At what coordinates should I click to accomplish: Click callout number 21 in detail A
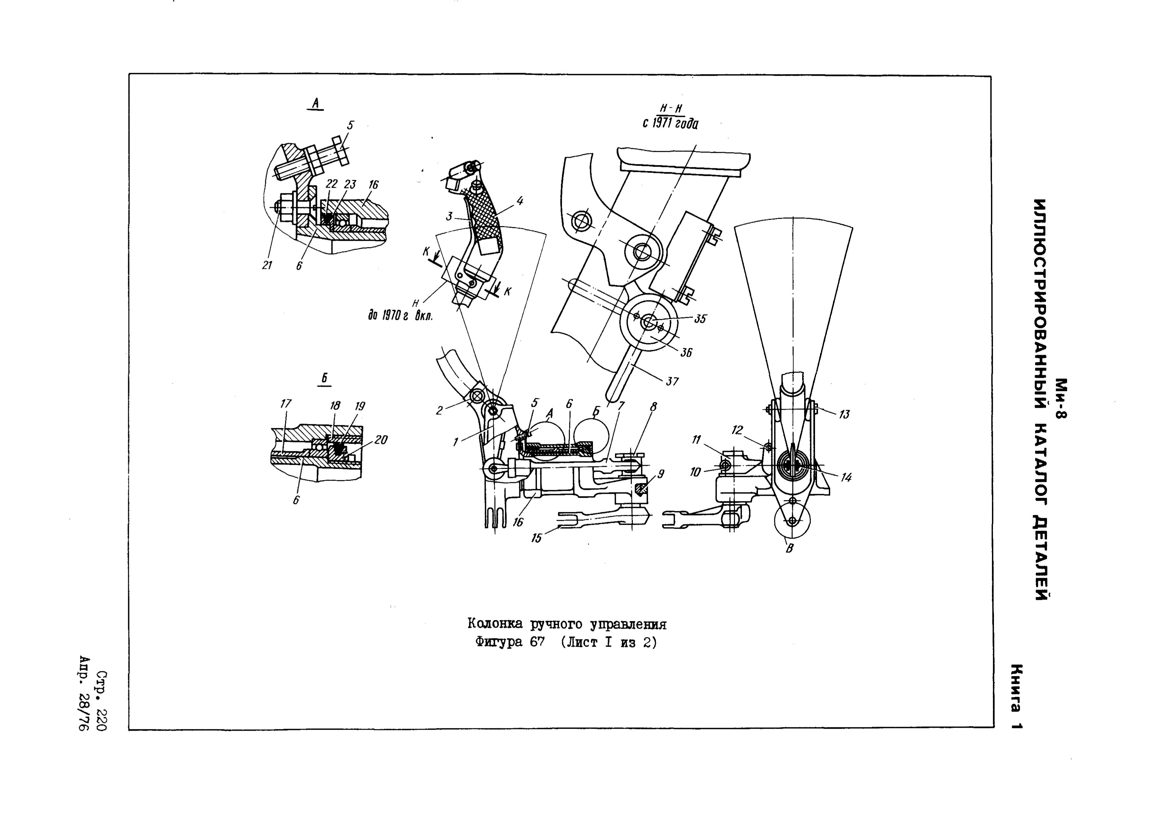[x=267, y=265]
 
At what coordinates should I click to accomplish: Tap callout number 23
[x=350, y=185]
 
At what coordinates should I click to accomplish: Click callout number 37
[x=672, y=382]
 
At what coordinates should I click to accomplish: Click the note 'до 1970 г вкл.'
[x=401, y=316]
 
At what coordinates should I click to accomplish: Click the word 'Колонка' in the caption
[x=496, y=624]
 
